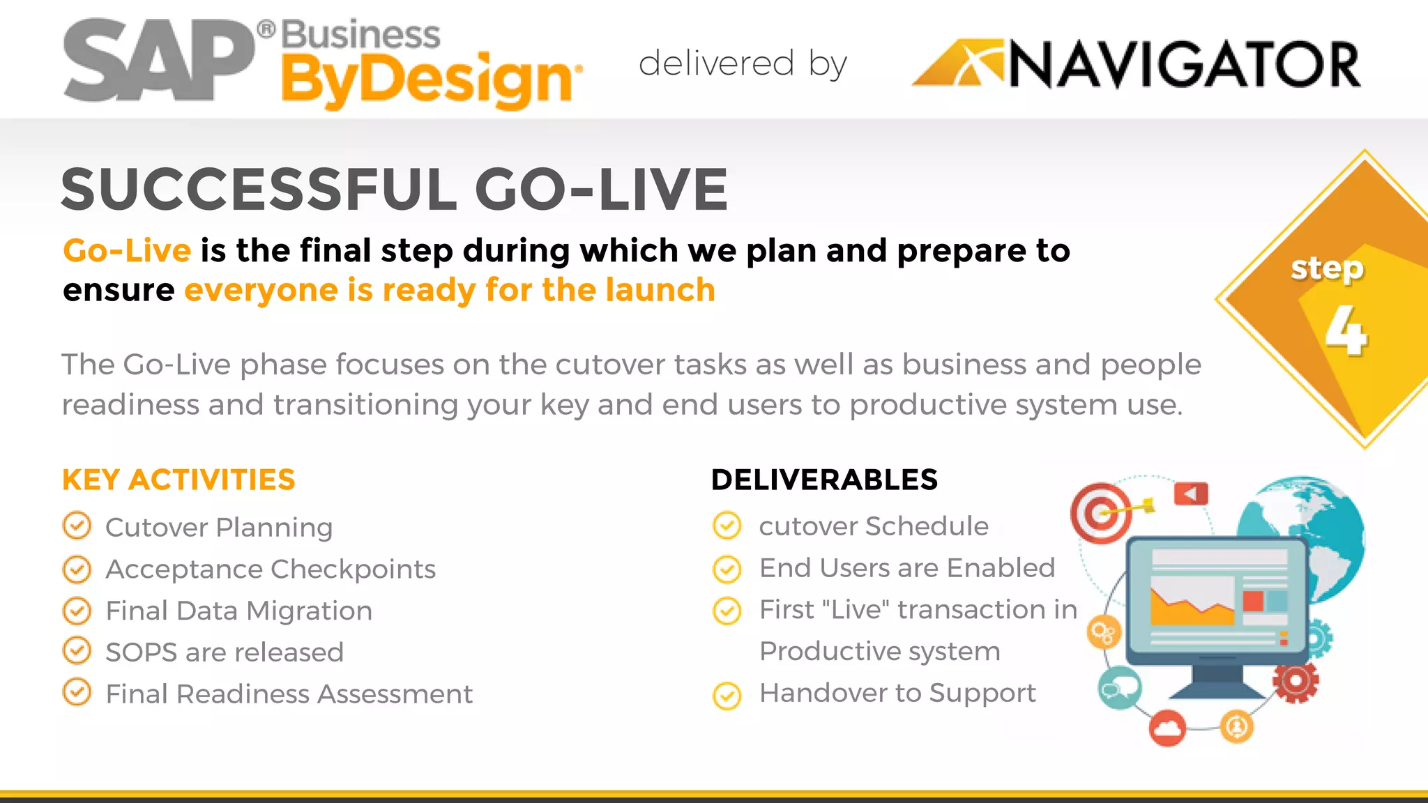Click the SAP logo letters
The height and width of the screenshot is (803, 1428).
[x=159, y=60]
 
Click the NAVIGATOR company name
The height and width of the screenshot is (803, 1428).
[x=1184, y=66]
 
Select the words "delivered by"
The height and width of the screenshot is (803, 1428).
[x=743, y=64]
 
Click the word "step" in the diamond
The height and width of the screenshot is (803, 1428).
[x=1326, y=268]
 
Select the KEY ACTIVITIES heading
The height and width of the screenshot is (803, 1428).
[x=178, y=480]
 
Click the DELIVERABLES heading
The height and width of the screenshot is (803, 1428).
[x=824, y=480]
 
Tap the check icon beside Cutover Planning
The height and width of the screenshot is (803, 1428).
[x=77, y=526]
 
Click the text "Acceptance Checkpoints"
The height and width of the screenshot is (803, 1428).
[x=271, y=569]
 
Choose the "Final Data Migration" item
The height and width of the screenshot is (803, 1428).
[x=238, y=611]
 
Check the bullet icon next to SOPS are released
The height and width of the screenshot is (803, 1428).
[x=77, y=651]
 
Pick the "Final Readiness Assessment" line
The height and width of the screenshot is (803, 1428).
[x=289, y=694]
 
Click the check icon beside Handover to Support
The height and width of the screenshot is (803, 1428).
[x=727, y=695]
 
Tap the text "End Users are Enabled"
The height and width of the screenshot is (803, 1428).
[x=906, y=567]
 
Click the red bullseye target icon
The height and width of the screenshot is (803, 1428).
[x=1101, y=513]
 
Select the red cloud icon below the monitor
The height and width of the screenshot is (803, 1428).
[x=1167, y=728]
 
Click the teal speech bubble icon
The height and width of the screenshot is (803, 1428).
[x=1119, y=688]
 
